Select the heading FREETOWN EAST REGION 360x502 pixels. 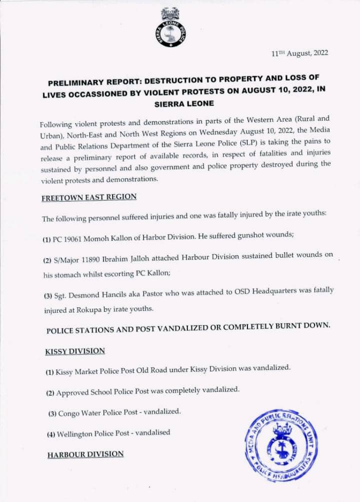click(x=89, y=197)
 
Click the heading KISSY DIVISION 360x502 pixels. click(x=75, y=351)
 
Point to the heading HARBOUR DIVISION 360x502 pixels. click(x=85, y=454)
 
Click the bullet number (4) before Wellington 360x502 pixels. click(x=50, y=433)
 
